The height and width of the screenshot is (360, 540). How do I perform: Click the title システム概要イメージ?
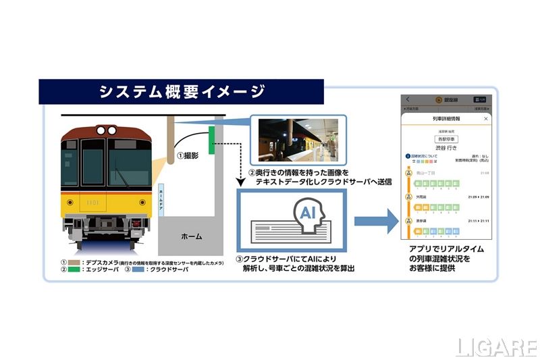pos(181,92)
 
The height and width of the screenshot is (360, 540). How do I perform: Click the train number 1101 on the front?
pos(92,201)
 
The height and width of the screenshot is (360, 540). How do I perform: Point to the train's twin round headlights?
pos(106,129)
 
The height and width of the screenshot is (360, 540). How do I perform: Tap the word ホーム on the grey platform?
pos(191,237)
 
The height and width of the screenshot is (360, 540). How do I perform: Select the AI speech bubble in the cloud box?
pos(308,213)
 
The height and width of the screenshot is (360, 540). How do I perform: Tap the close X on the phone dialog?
pos(486,119)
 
